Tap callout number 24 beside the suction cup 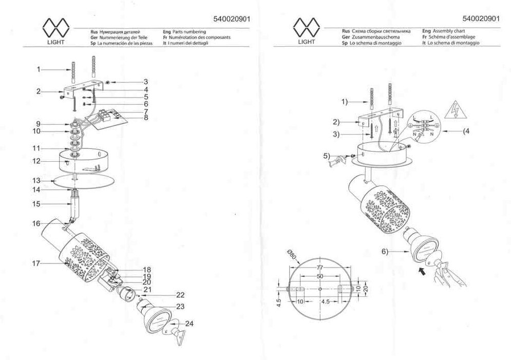click(x=190, y=324)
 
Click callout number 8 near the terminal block click(x=146, y=118)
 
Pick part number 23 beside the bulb click(x=180, y=306)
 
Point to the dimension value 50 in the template click(x=319, y=276)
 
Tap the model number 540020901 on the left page click(x=231, y=19)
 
